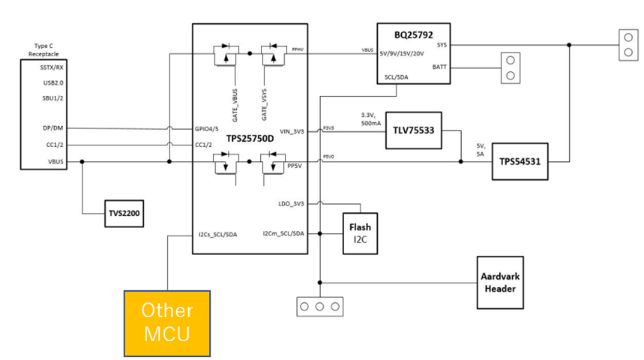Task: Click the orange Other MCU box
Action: (166, 322)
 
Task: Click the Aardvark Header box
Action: (500, 283)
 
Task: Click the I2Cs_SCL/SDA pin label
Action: (218, 234)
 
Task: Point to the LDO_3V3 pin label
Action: (292, 203)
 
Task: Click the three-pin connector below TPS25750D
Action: (320, 306)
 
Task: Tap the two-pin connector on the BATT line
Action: (511, 68)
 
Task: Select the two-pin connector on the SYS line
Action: (625, 44)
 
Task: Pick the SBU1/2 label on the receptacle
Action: (52, 98)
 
